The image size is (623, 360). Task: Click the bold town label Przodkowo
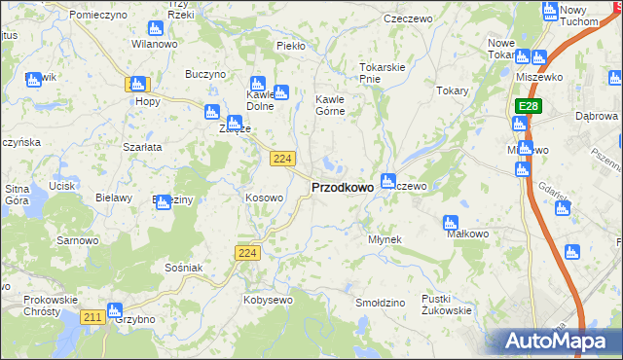tap(342, 188)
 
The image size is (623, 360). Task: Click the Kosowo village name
tap(264, 198)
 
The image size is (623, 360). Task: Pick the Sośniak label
tap(183, 267)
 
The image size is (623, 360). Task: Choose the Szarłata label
tap(141, 146)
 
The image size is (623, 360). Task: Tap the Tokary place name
tap(453, 90)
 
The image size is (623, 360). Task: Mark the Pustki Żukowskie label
tap(446, 305)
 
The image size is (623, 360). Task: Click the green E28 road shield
tap(528, 105)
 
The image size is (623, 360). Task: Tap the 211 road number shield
tap(93, 317)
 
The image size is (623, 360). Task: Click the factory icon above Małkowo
tap(451, 222)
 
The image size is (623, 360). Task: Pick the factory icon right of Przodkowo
tap(388, 180)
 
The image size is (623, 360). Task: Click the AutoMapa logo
tap(562, 342)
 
